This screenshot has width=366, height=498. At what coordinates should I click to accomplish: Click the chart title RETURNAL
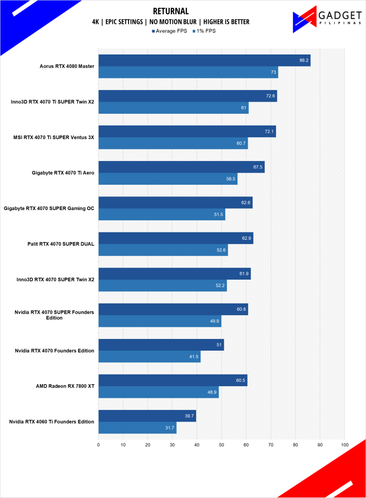coord(170,11)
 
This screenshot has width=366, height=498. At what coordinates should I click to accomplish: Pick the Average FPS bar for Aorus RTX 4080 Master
coord(204,60)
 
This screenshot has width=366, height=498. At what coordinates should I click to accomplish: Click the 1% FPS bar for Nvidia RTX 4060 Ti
coord(137,428)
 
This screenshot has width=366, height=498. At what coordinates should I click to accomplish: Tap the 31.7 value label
coord(170,428)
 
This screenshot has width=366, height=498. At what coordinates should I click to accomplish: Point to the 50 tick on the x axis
coord(221,445)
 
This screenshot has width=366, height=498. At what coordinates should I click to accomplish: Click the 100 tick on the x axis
coord(345,445)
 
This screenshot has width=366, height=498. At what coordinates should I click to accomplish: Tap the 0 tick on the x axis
coord(98,445)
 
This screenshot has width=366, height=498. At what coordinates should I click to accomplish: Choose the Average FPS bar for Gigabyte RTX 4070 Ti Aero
coord(181,167)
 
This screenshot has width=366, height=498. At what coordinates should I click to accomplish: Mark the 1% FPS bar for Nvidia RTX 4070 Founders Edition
coord(149,357)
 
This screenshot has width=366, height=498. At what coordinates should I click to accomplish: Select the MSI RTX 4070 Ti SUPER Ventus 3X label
coord(54,138)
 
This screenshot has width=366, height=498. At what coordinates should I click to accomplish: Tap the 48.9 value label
coord(212,392)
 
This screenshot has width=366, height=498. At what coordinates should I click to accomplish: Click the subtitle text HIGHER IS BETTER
coord(224,22)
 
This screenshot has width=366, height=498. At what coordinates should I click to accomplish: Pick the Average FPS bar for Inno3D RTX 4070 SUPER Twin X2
coord(174,273)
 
